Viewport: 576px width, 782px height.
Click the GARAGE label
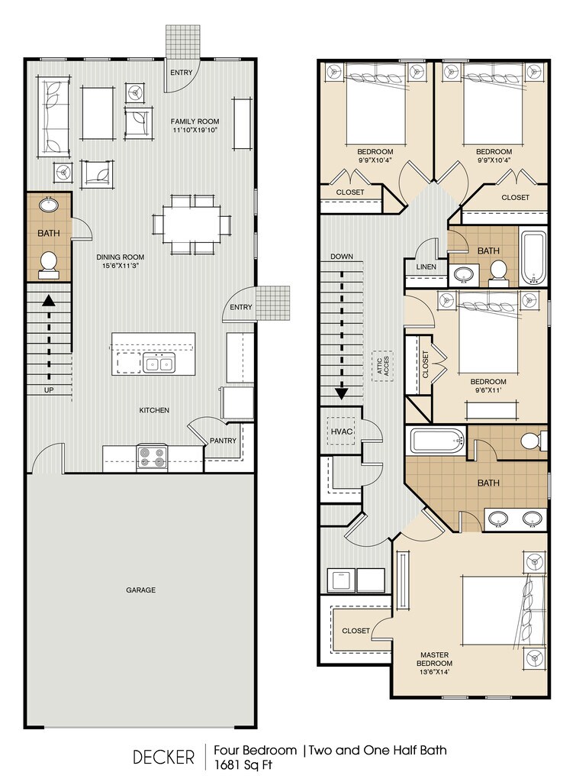(x=140, y=590)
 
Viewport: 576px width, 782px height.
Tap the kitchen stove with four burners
(x=152, y=457)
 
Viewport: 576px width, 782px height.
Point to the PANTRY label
(x=223, y=441)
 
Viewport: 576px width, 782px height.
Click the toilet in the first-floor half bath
(x=49, y=265)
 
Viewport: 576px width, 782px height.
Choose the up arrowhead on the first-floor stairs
(x=49, y=299)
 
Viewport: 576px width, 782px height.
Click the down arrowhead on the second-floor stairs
(x=341, y=393)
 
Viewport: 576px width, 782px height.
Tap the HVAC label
(x=341, y=431)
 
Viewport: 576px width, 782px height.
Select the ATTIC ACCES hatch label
(x=383, y=366)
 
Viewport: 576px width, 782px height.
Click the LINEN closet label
(x=426, y=267)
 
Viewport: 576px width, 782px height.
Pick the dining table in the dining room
(x=191, y=225)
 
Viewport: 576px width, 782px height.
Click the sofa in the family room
(x=54, y=117)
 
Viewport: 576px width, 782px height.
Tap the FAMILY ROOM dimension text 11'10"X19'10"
(x=195, y=130)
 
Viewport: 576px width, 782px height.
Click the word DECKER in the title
(x=163, y=757)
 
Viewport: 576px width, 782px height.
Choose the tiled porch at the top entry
(x=183, y=41)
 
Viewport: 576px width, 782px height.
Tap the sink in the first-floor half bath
(x=48, y=204)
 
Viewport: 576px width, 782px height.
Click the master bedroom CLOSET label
(x=356, y=630)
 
